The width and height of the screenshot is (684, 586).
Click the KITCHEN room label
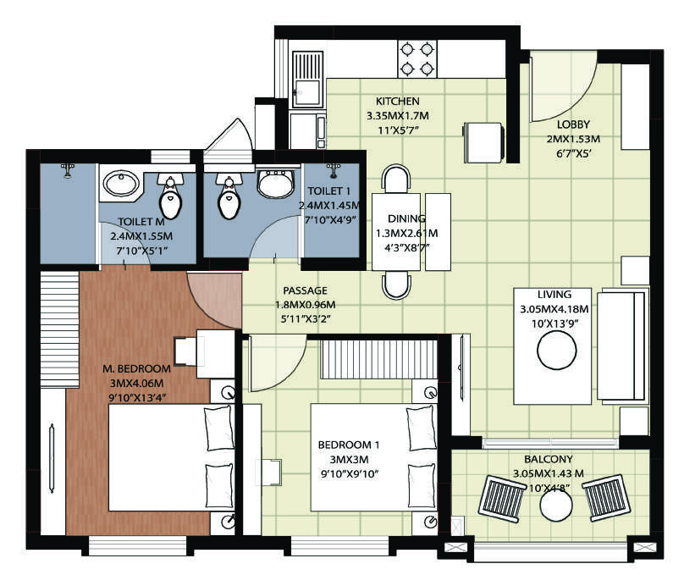tap(397, 102)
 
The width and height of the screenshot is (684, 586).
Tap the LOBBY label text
tap(573, 124)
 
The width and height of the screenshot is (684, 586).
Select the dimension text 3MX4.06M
tap(136, 384)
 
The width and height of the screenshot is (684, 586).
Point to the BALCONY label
tap(548, 459)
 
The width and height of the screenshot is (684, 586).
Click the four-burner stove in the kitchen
tap(417, 59)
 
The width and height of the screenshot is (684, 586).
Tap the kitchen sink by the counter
tap(307, 79)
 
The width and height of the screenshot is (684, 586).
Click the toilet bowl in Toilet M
tap(169, 197)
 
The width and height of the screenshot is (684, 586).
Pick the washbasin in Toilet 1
tap(275, 184)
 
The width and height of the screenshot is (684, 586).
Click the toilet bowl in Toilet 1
tap(229, 197)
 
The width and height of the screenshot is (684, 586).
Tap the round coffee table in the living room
tap(557, 351)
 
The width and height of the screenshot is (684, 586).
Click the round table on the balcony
tap(556, 506)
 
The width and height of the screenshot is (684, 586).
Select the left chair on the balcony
tap(502, 498)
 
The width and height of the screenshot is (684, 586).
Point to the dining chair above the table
tap(395, 179)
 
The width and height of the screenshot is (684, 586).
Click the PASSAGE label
tap(305, 290)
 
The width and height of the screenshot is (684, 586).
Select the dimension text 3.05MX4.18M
tap(554, 309)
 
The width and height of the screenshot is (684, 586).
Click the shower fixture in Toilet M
tap(67, 169)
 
